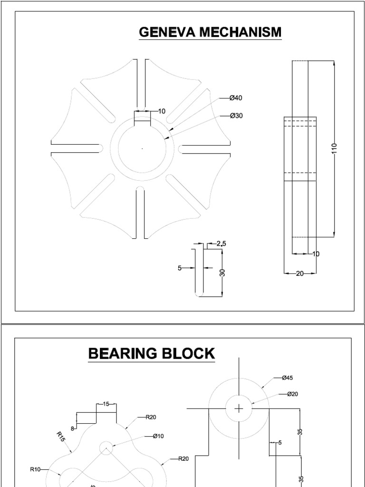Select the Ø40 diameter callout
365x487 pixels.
[236, 98]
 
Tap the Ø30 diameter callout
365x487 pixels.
[236, 116]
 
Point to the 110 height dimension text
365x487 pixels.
[334, 149]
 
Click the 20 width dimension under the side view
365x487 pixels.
[300, 273]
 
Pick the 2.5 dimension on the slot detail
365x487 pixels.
[221, 243]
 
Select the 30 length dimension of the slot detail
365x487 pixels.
[222, 273]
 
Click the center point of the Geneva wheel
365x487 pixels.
[142, 149]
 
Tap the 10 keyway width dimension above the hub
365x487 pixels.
[162, 111]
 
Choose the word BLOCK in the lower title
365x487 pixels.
[193, 354]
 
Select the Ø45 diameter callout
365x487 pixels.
[287, 378]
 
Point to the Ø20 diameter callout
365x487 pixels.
[292, 394]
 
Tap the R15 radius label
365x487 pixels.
[60, 437]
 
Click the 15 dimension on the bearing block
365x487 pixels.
[106, 404]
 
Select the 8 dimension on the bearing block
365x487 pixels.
[73, 415]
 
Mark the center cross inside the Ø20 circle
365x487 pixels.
[239, 409]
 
